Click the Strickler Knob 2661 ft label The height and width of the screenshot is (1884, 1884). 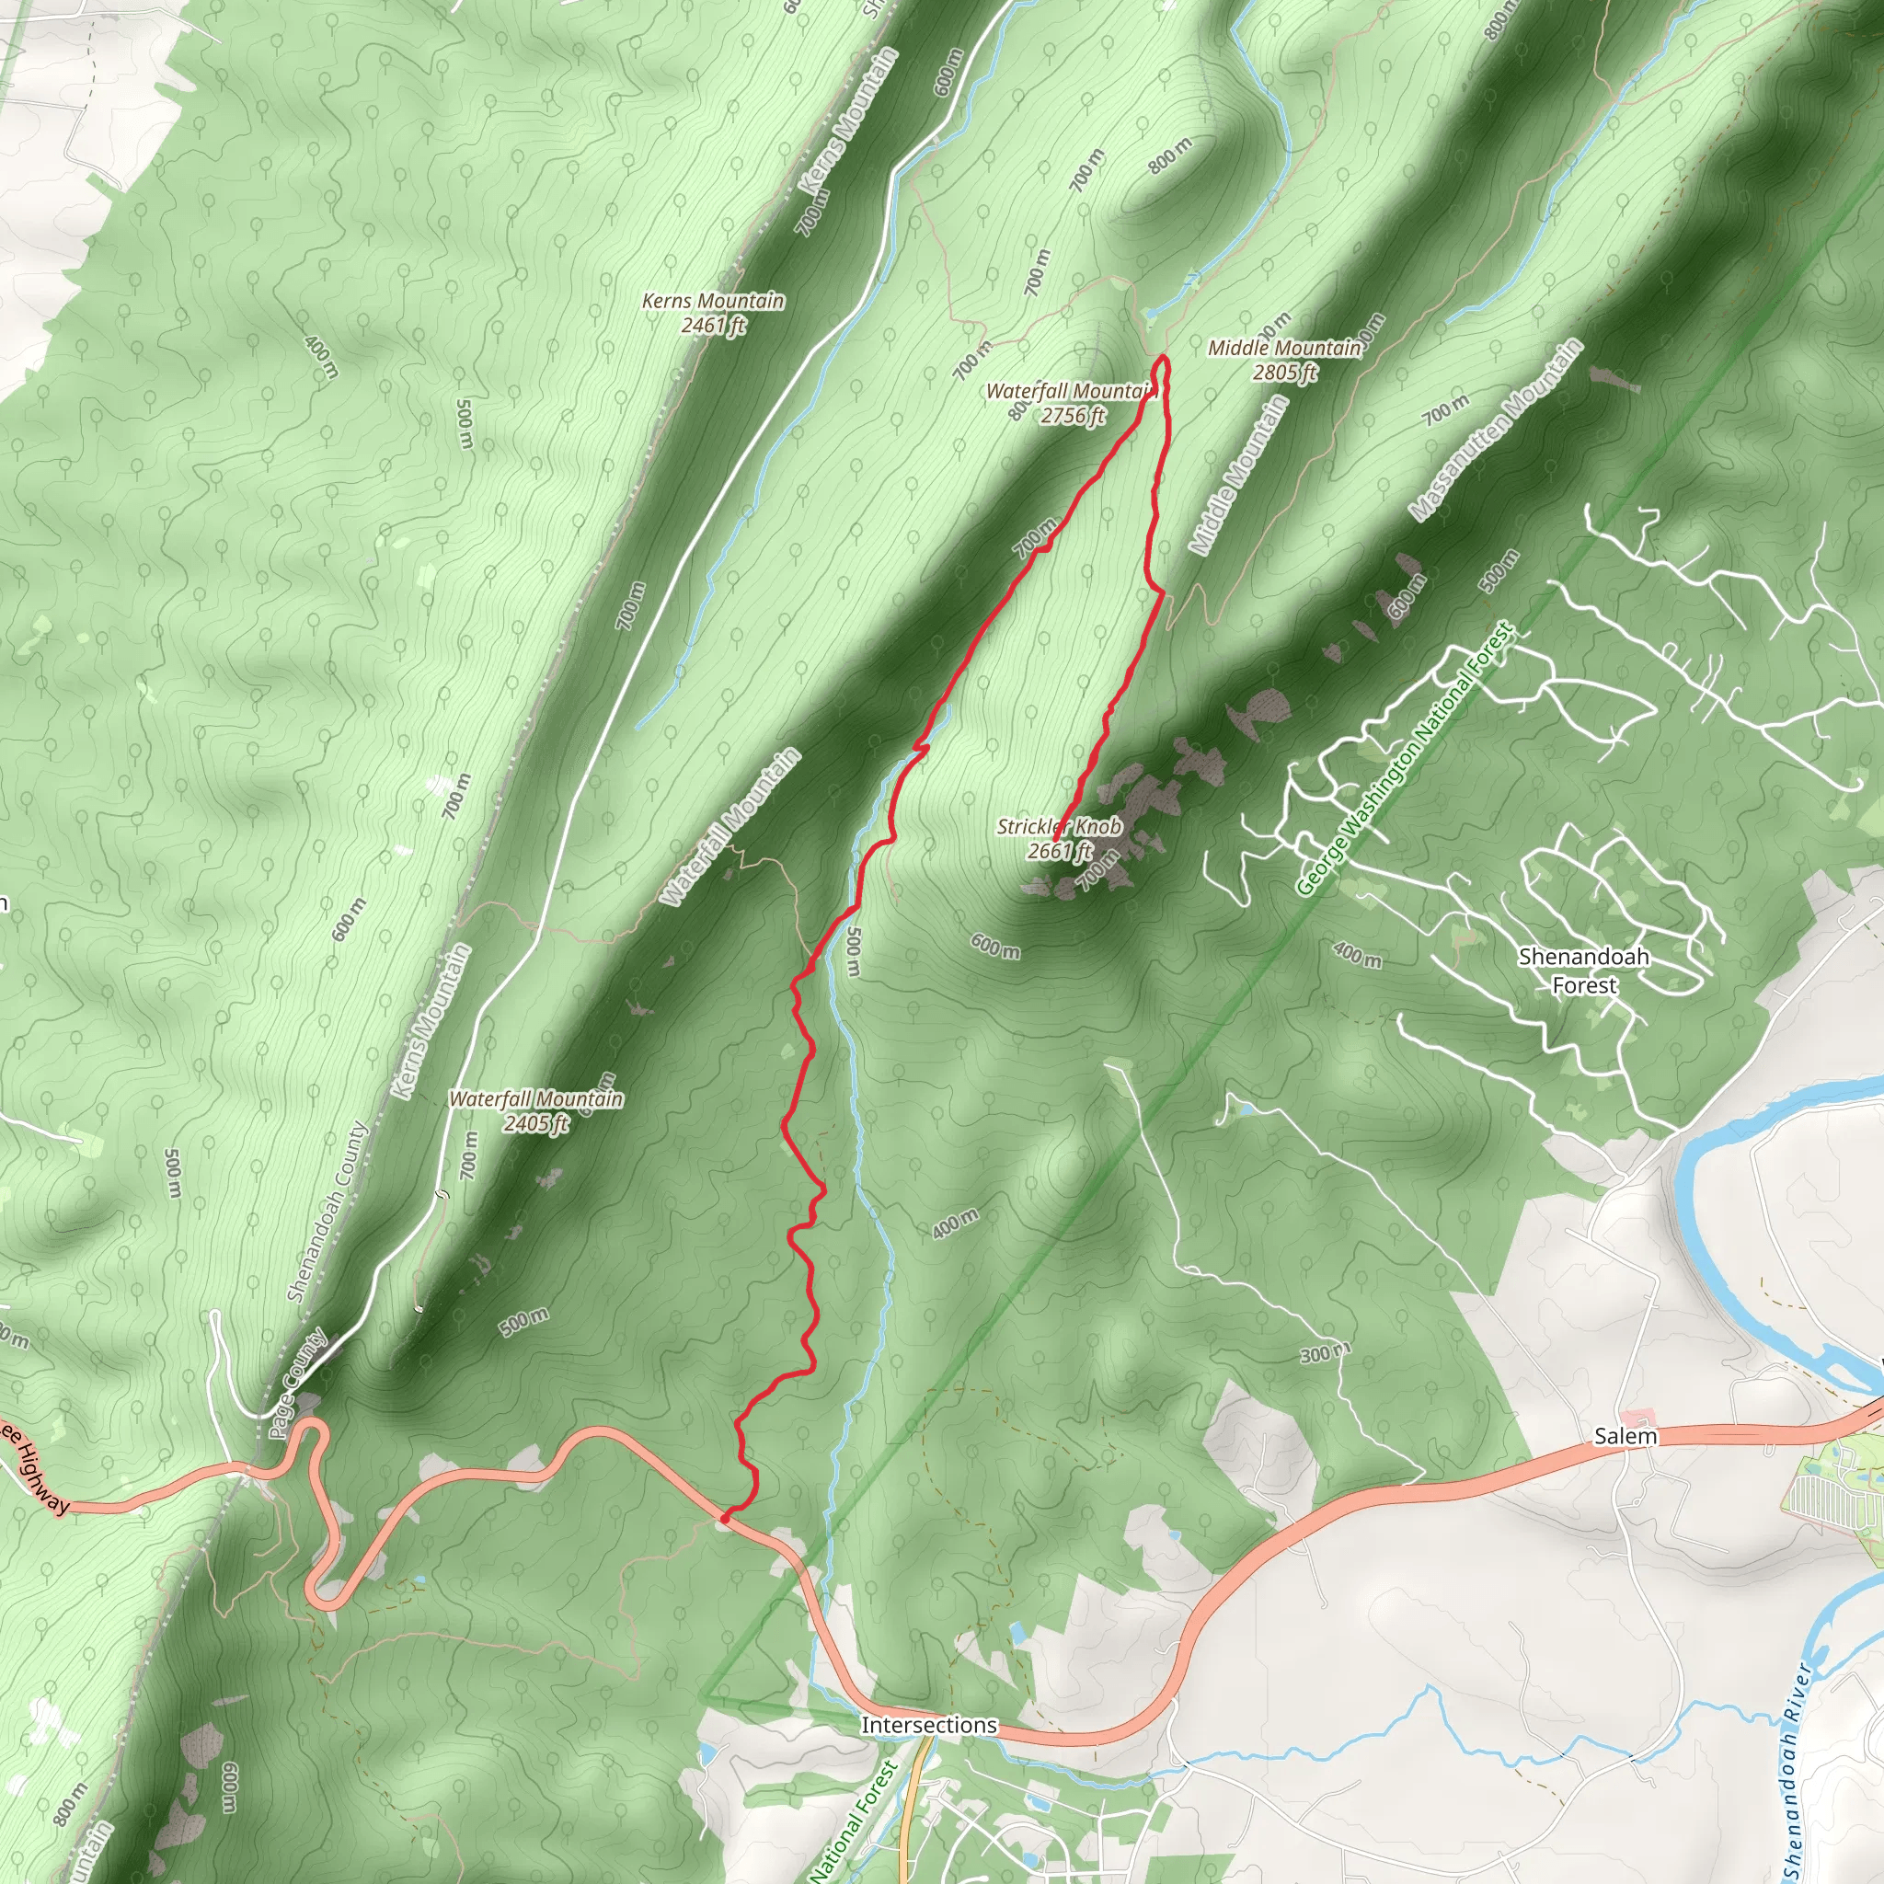pyautogui.click(x=1059, y=839)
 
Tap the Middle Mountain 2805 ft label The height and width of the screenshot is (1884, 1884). pyautogui.click(x=1284, y=360)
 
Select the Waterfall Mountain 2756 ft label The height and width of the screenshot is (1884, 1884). pyautogui.click(x=1072, y=404)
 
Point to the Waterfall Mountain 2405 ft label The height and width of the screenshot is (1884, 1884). pyautogui.click(x=535, y=1110)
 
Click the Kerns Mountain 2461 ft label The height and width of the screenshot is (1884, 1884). pyautogui.click(x=713, y=313)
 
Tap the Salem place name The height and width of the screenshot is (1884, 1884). pyautogui.click(x=1625, y=1436)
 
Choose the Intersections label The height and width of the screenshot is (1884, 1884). pyautogui.click(x=928, y=1725)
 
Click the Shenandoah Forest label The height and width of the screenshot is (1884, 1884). pyautogui.click(x=1584, y=971)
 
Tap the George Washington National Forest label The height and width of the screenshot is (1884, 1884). pyautogui.click(x=1407, y=759)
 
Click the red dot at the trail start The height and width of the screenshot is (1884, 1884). pyautogui.click(x=725, y=1517)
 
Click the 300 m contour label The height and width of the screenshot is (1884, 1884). pyautogui.click(x=1325, y=1353)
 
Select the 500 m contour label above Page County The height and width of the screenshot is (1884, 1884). pyautogui.click(x=523, y=1321)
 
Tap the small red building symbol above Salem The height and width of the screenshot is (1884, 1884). pyautogui.click(x=1637, y=1415)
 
